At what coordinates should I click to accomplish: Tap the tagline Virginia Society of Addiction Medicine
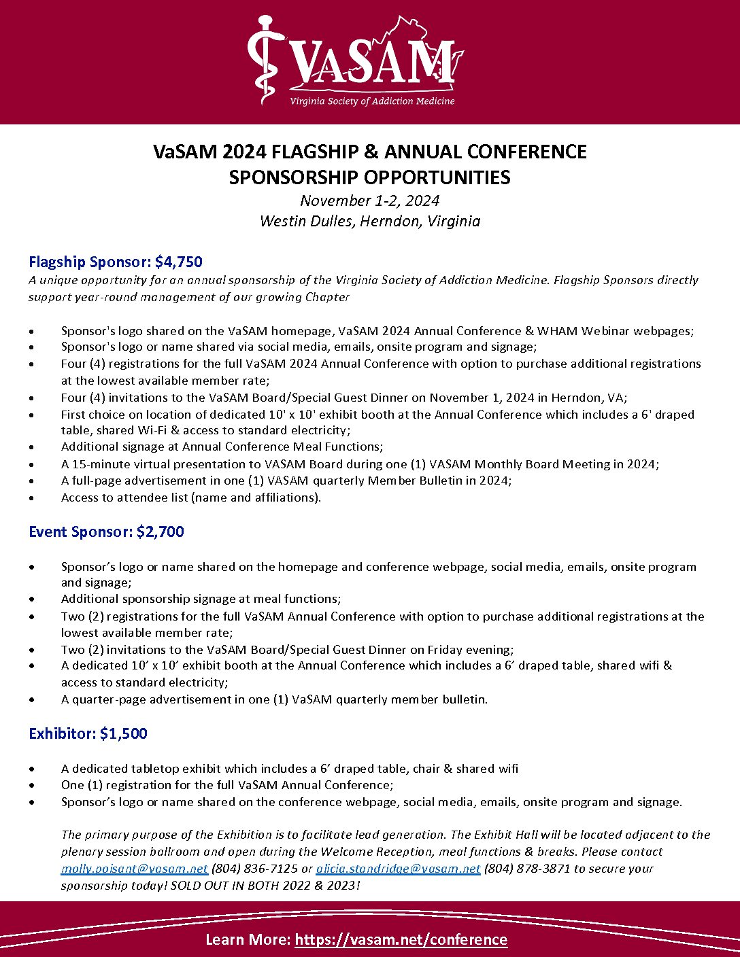[x=372, y=101]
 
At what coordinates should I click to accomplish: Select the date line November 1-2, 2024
[x=369, y=201]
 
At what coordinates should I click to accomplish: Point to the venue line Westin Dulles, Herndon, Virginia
[x=369, y=221]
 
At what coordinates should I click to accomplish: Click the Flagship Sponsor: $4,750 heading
[x=116, y=262]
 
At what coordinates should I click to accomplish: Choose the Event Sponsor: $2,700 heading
[x=106, y=532]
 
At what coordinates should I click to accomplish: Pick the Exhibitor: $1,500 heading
[x=88, y=733]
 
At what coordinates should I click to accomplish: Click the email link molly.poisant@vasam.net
[x=134, y=868]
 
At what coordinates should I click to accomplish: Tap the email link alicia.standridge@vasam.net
[x=398, y=868]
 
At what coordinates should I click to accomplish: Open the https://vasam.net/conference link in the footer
[x=401, y=939]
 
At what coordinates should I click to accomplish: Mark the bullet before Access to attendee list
[x=31, y=498]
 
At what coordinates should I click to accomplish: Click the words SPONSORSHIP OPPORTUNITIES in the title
[x=369, y=177]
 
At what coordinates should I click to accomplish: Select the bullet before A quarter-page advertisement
[x=31, y=700]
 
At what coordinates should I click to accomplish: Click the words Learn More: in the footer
[x=248, y=939]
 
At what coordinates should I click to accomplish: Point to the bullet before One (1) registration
[x=31, y=786]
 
